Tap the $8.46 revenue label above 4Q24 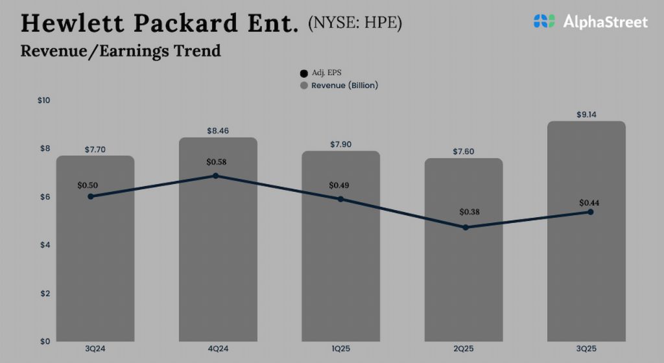click(x=217, y=131)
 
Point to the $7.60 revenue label click(x=463, y=152)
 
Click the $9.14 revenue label click(x=586, y=115)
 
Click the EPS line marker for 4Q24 click(x=215, y=176)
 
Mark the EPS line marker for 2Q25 click(x=465, y=228)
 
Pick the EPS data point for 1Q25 click(x=340, y=199)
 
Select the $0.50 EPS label click(x=88, y=185)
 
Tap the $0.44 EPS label click(x=589, y=202)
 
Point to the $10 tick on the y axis click(x=43, y=100)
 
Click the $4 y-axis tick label click(x=43, y=245)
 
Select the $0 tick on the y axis click(x=43, y=342)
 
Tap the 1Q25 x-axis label click(x=340, y=349)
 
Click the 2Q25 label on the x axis click(x=463, y=349)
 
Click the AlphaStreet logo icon click(x=544, y=21)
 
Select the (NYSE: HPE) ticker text click(x=355, y=23)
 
